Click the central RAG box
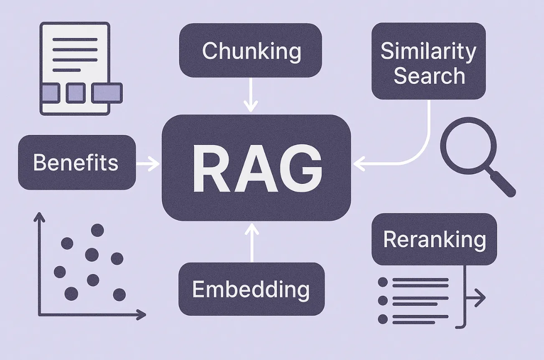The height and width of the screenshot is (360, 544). (256, 167)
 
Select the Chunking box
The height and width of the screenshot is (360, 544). (251, 50)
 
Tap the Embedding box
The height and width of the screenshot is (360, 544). (251, 289)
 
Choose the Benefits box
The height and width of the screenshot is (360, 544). (77, 162)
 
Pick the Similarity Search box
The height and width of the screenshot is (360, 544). (429, 61)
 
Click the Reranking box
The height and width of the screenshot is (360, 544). (434, 239)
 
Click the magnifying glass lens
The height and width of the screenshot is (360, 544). (468, 145)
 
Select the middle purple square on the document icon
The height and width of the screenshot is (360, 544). (75, 93)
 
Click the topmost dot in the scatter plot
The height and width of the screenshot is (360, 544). (97, 230)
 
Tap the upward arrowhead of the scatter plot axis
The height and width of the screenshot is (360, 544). (39, 216)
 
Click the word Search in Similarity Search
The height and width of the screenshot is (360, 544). (429, 76)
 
